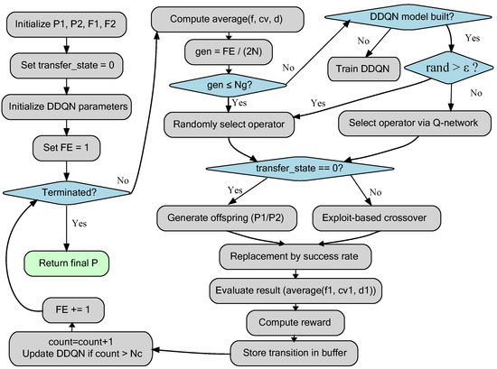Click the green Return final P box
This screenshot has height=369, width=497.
point(67,263)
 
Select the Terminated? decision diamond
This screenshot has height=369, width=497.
point(67,192)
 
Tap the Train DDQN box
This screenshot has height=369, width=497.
point(363,69)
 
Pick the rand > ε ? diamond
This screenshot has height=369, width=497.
point(449,68)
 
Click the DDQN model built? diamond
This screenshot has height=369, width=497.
point(408,17)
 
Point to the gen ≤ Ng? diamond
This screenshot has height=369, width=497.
point(229,85)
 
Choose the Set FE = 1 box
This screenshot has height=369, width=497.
point(67,148)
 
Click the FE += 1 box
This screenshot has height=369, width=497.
point(73,310)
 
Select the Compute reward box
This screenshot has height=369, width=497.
point(295,322)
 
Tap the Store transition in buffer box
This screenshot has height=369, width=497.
point(295,353)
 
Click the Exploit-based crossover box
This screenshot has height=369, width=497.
point(377,218)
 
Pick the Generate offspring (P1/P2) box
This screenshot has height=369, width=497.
point(227,218)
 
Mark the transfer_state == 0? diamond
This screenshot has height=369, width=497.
point(300,169)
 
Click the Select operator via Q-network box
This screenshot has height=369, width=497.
point(415,123)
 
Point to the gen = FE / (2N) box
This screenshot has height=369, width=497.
point(229,52)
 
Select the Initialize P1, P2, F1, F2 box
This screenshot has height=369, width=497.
point(66,24)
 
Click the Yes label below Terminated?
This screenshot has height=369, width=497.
point(80,224)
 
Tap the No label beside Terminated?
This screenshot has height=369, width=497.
point(123,180)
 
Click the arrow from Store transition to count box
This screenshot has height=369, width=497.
point(192,352)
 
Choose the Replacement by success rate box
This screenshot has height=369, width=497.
point(295,256)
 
